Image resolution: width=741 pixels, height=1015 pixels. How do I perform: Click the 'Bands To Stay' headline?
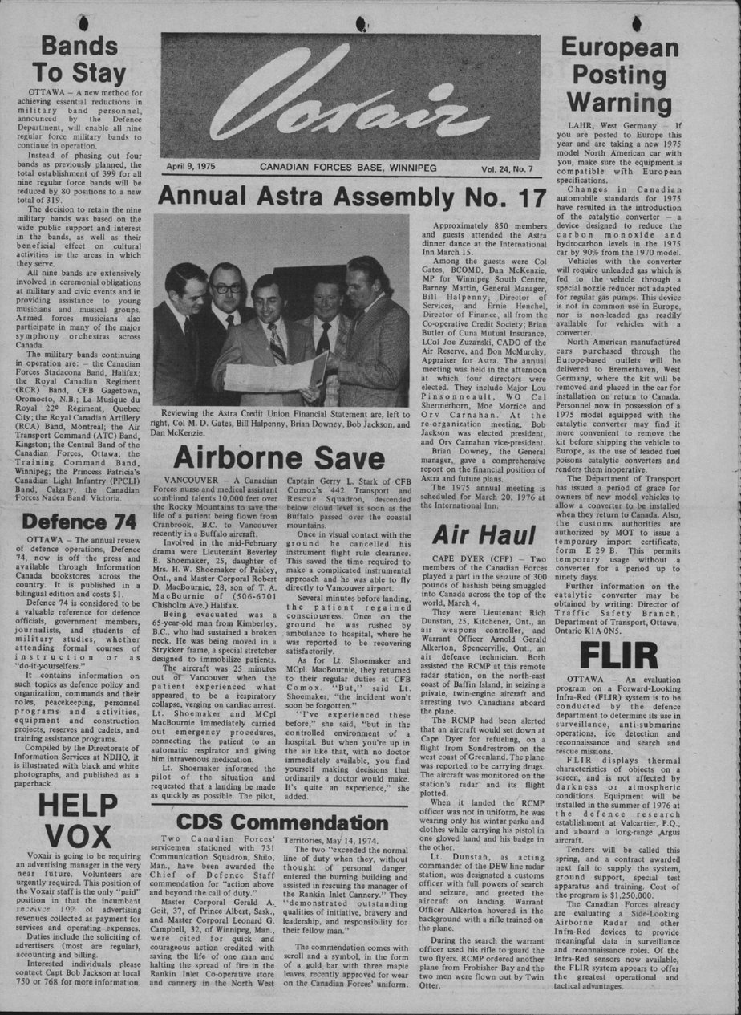[83, 60]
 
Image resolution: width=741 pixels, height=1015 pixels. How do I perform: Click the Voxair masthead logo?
[350, 95]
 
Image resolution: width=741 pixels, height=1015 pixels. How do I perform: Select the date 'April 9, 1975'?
[196, 168]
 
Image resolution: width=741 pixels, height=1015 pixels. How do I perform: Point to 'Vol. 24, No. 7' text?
[508, 168]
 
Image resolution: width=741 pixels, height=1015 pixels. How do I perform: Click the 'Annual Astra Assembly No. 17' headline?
[352, 195]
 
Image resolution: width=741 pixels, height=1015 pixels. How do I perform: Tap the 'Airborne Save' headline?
[280, 457]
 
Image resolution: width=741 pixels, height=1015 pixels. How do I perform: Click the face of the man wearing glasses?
[226, 287]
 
